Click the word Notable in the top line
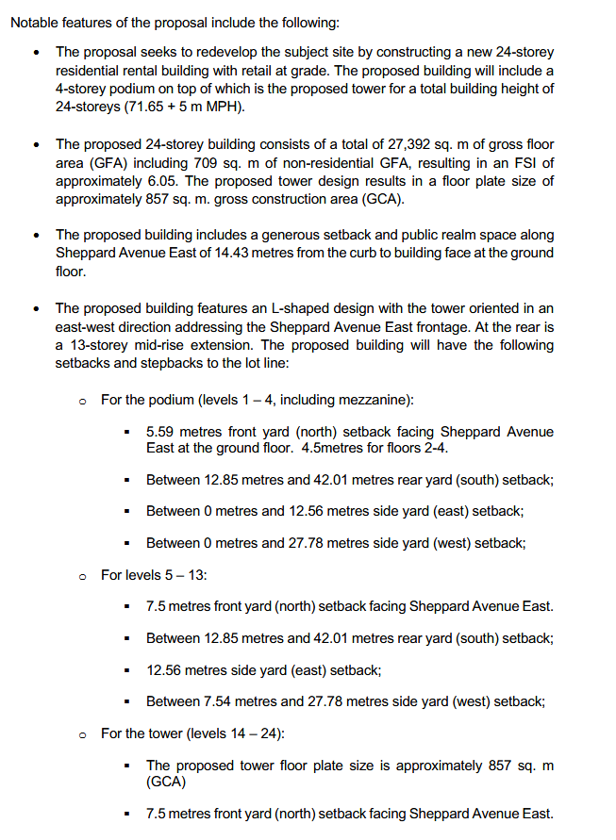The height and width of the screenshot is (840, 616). [x=33, y=22]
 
